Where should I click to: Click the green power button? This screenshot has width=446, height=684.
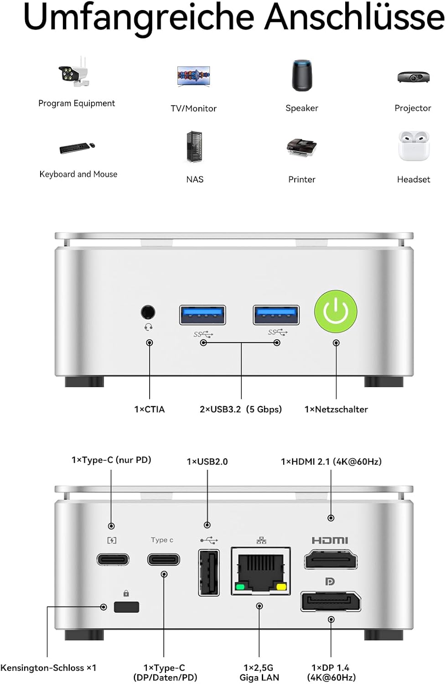click(336, 312)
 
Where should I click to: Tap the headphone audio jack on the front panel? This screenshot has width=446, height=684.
click(148, 312)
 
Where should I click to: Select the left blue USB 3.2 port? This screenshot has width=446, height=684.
click(202, 315)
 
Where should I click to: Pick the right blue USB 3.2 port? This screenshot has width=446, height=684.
click(276, 315)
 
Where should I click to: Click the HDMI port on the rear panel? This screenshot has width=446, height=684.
click(331, 560)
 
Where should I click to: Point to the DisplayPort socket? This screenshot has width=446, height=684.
click(331, 601)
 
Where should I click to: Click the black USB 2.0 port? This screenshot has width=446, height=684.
click(209, 573)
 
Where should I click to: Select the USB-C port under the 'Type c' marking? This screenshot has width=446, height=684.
click(164, 559)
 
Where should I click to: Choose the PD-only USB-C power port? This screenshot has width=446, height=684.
click(113, 559)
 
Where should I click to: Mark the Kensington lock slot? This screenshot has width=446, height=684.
click(126, 607)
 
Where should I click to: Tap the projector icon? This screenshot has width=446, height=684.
click(413, 77)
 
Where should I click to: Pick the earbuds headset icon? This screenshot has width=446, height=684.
click(414, 146)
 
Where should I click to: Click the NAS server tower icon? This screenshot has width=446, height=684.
click(194, 147)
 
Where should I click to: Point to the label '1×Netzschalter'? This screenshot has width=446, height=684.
click(336, 409)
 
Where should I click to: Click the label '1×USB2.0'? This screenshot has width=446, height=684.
click(207, 461)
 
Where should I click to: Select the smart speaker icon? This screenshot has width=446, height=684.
click(302, 75)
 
